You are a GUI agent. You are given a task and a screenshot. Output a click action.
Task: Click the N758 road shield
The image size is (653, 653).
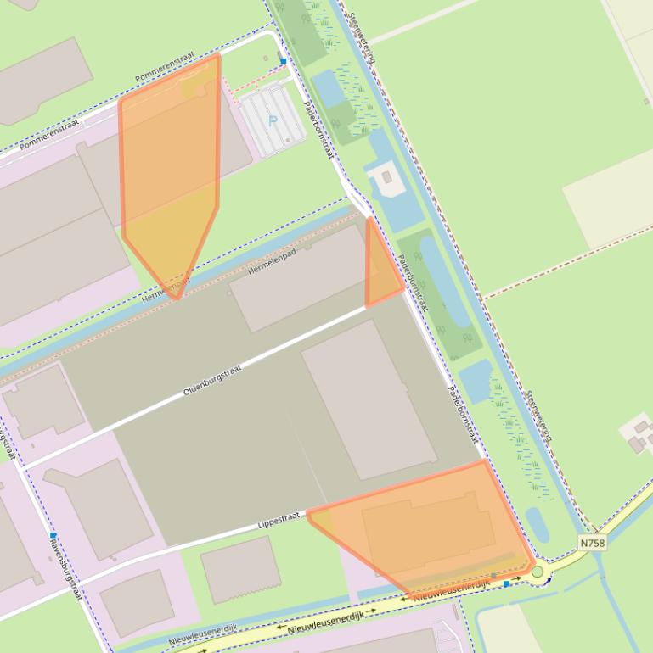[x=592, y=542]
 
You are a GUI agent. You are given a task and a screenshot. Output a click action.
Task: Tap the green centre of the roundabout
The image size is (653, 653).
[x=538, y=572]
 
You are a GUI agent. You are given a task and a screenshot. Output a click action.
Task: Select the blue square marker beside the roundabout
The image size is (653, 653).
[x=507, y=583]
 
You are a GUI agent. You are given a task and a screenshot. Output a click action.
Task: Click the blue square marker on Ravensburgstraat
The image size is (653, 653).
[x=53, y=536]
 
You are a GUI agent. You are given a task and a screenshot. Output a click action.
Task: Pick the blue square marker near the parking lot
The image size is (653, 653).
[x=283, y=61]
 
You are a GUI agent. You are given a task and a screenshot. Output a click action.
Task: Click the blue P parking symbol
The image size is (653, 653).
[x=273, y=120]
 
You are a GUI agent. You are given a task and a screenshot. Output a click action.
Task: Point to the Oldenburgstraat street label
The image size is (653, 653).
[x=213, y=381]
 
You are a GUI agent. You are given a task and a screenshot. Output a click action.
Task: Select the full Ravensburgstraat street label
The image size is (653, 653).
[x=65, y=568]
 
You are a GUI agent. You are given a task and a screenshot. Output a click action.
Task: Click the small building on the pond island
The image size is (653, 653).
[x=387, y=177]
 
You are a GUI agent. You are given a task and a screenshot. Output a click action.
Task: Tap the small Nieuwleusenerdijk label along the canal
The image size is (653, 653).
[x=202, y=633]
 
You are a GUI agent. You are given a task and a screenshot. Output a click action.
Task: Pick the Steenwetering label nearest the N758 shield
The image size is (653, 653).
[x=540, y=416]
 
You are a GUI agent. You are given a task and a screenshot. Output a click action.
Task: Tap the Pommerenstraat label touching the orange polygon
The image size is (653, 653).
[x=165, y=69]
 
